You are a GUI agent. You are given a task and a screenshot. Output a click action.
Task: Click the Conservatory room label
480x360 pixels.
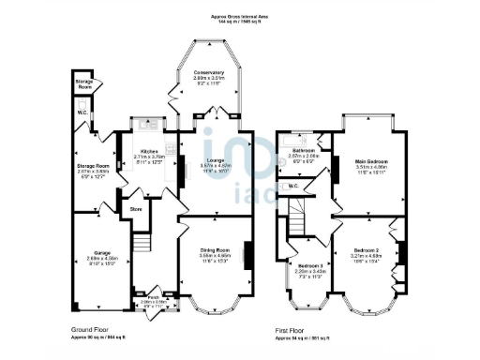(x=208, y=73)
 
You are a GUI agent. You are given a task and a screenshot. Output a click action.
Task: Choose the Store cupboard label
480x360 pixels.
(x=135, y=208)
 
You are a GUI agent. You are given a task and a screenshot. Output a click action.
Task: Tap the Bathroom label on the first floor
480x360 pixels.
(x=303, y=150)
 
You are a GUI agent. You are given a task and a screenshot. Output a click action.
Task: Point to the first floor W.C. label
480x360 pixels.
(x=293, y=186)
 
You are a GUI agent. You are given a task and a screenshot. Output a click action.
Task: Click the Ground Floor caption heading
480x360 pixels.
(x=91, y=330)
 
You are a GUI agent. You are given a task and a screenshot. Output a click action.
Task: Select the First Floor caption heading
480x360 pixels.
(x=292, y=330)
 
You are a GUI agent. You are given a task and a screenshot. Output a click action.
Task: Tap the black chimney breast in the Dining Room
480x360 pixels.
(x=249, y=256)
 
